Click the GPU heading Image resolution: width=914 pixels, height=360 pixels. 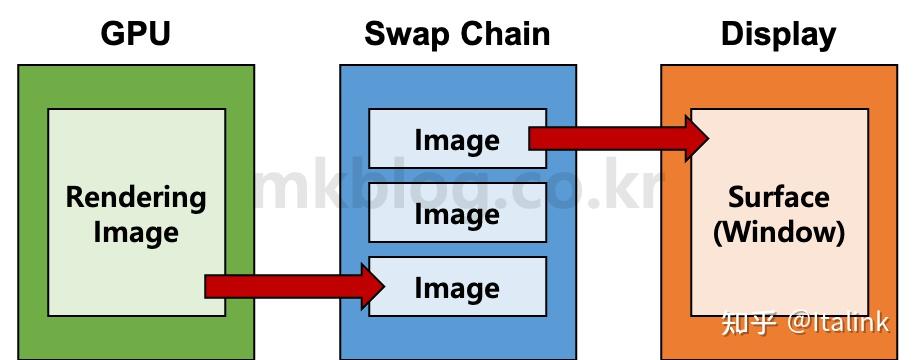[x=136, y=34]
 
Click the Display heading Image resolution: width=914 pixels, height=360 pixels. [x=778, y=34]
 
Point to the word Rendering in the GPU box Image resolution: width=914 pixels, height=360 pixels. [x=136, y=197]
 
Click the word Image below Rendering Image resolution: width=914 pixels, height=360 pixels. [x=136, y=233]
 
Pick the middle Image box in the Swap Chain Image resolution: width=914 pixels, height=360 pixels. [x=457, y=213]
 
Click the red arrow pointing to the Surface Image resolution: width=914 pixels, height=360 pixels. [x=610, y=137]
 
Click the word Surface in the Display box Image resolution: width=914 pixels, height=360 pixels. [x=778, y=196]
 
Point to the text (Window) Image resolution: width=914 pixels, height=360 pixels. [x=778, y=233]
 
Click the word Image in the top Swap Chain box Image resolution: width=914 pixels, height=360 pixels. [x=457, y=139]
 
